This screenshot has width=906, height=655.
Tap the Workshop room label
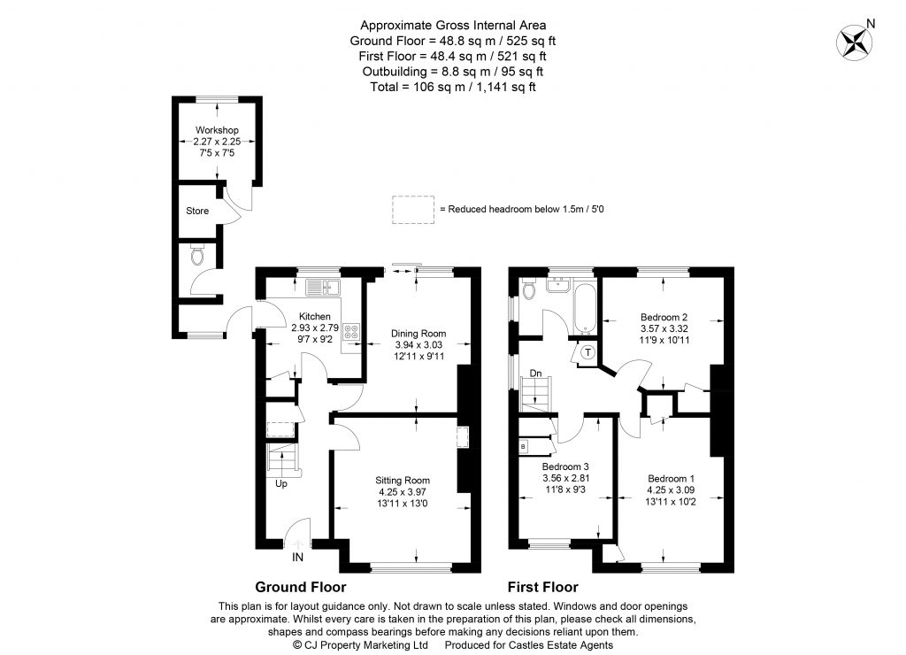point(217,131)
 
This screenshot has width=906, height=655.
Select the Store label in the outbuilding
point(197,212)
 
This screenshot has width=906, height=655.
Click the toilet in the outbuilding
point(196,257)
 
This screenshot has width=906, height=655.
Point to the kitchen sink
point(319,286)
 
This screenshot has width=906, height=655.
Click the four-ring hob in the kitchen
point(350,333)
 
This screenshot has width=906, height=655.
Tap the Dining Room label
point(418,334)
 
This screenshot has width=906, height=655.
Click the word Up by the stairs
point(280,484)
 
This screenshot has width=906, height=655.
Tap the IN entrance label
point(298,558)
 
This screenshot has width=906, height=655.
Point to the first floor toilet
point(529,289)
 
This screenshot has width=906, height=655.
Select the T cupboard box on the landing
point(588,352)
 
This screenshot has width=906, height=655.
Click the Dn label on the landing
point(535,374)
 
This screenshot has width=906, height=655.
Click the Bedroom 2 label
point(664,317)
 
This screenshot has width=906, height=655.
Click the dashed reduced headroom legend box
point(413,209)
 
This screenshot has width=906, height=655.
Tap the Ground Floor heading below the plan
point(300,587)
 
